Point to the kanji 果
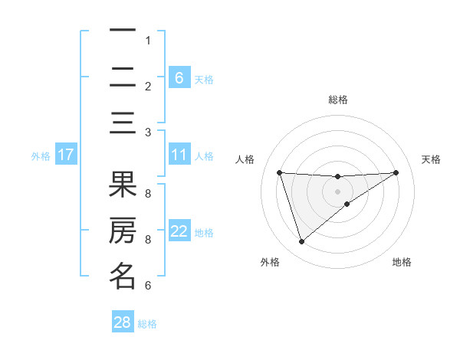click(x=123, y=185)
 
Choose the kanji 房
click(x=123, y=231)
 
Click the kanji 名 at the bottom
click(x=123, y=276)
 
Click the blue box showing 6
click(x=179, y=77)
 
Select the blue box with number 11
click(x=179, y=155)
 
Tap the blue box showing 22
click(x=179, y=231)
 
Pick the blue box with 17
click(x=66, y=155)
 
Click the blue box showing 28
click(x=123, y=322)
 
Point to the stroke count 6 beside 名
click(x=147, y=286)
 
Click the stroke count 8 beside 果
click(x=147, y=193)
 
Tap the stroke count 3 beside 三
click(x=147, y=132)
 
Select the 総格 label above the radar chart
click(x=338, y=100)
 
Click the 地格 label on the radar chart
click(x=402, y=262)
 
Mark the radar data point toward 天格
click(x=396, y=172)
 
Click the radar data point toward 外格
click(x=301, y=242)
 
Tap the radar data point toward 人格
click(x=280, y=172)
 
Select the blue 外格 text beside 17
click(x=41, y=155)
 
